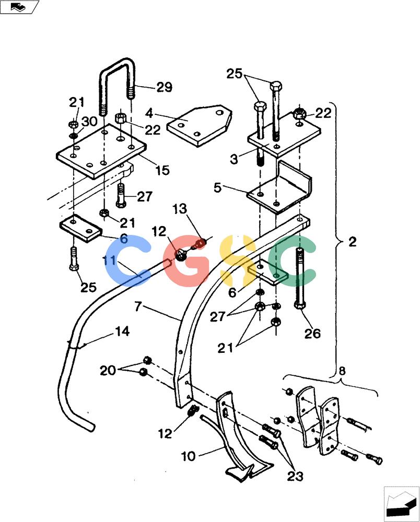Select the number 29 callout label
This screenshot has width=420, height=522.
tap(164, 87)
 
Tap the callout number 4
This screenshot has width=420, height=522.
tap(149, 113)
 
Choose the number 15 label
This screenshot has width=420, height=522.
tap(162, 170)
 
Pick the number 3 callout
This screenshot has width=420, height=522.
tap(234, 159)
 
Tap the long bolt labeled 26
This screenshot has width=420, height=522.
tap(299, 278)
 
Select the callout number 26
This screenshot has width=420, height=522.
tap(312, 333)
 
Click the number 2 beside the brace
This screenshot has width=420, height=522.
tap(353, 241)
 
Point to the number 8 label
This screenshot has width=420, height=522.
tap(342, 371)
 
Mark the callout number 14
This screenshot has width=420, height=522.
tap(122, 331)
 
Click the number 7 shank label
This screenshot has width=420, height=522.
tap(138, 306)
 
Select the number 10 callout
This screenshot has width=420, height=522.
tap(188, 456)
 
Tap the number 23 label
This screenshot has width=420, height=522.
tap(295, 477)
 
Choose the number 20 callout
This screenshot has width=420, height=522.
tap(108, 370)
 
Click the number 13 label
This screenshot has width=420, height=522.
tap(180, 209)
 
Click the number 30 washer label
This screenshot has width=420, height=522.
tap(89, 122)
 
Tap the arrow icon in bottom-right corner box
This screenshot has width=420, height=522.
tap(401, 503)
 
